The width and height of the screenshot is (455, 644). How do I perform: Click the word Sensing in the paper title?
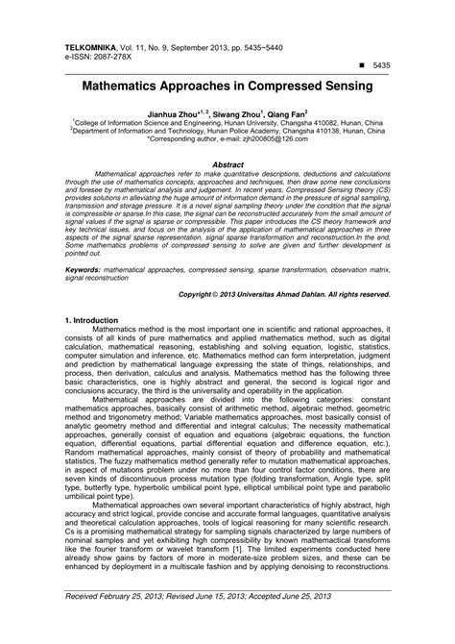point(337,87)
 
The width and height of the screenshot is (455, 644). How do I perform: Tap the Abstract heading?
point(227,164)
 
